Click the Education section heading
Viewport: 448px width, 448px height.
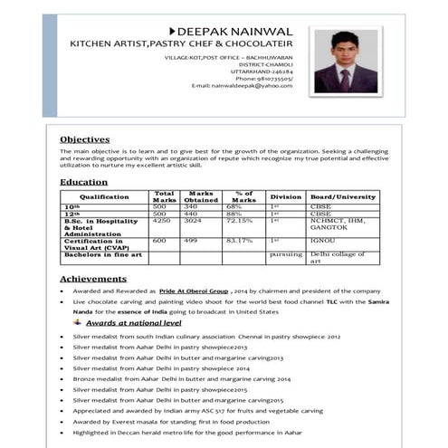(x=83, y=182)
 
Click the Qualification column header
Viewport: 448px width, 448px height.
(x=104, y=196)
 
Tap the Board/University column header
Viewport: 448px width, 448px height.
(x=342, y=196)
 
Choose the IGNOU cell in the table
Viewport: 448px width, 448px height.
(x=322, y=241)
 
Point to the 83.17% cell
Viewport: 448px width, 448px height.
(x=239, y=241)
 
